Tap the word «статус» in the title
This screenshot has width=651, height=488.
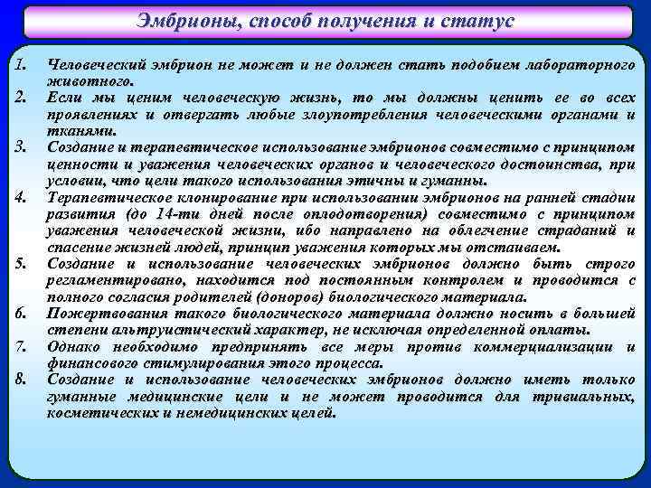pos(476,21)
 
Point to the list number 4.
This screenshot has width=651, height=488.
pos(23,196)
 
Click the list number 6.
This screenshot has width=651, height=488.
pos(23,312)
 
